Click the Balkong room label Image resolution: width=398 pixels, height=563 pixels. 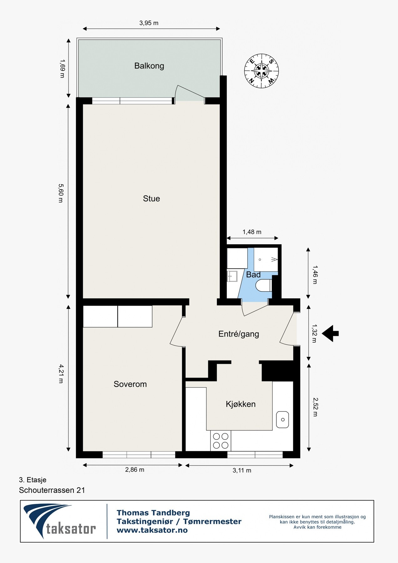pyautogui.click(x=149, y=66)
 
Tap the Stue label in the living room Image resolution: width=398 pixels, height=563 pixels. pyautogui.click(x=151, y=199)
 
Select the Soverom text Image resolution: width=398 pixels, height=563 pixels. pyautogui.click(x=130, y=384)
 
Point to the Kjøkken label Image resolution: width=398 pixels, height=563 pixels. pyautogui.click(x=240, y=404)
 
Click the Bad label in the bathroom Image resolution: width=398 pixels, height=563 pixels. pyautogui.click(x=253, y=275)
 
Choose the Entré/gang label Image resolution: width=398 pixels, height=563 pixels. pyautogui.click(x=239, y=334)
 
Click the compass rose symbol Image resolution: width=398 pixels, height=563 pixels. pyautogui.click(x=261, y=71)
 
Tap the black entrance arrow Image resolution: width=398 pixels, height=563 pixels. pyautogui.click(x=330, y=333)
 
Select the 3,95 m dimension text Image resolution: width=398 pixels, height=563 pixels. pyautogui.click(x=149, y=23)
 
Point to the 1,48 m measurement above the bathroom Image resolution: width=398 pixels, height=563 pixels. pyautogui.click(x=252, y=232)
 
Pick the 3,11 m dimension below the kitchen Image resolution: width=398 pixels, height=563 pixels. pyautogui.click(x=242, y=470)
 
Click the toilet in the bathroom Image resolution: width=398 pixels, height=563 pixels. pyautogui.click(x=263, y=286)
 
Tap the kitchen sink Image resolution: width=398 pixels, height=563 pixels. pyautogui.click(x=282, y=419)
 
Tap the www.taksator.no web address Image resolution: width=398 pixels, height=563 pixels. pyautogui.click(x=152, y=530)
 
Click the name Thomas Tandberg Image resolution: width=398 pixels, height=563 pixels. pyautogui.click(x=153, y=513)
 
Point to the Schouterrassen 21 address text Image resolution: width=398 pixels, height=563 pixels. pyautogui.click(x=52, y=490)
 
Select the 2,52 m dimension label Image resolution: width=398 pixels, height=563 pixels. pyautogui.click(x=315, y=407)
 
